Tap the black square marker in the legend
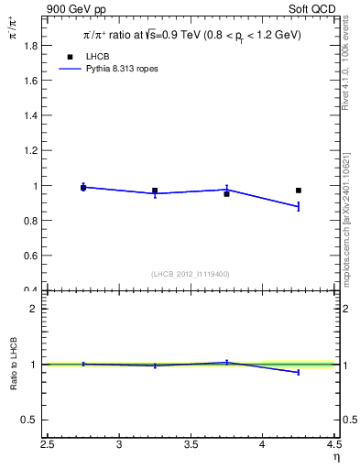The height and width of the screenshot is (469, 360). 69,57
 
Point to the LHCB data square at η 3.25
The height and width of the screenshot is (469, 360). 155,191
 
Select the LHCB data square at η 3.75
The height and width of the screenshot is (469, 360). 226,193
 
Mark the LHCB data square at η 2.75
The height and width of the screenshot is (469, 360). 83,188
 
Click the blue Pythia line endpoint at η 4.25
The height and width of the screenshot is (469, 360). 299,207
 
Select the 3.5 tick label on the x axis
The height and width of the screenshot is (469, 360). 191,445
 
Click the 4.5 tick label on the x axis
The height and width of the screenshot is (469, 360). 333,445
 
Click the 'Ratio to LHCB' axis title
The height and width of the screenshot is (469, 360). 13,365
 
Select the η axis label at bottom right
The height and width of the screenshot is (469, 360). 336,457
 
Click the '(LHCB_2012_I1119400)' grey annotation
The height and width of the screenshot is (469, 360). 191,274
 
